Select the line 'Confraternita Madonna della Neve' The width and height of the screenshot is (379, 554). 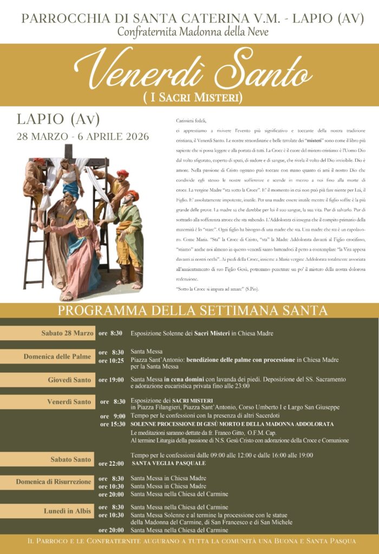[x=193, y=32]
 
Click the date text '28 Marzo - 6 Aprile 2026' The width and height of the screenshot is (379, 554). [x=83, y=136]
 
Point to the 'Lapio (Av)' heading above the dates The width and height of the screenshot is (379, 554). [x=58, y=119]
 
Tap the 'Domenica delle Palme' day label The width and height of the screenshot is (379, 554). [x=57, y=357]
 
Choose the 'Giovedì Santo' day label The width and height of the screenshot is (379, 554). [x=69, y=380]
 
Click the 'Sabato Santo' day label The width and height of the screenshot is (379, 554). [x=70, y=459]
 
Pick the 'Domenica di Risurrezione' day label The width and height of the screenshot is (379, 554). [x=54, y=482]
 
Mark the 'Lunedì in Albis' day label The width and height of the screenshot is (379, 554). [x=67, y=511]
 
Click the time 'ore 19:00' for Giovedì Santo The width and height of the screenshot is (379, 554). [x=111, y=380]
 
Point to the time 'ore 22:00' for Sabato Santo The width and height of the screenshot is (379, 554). [x=111, y=464]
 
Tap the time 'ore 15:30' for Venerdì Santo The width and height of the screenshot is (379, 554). [x=113, y=424]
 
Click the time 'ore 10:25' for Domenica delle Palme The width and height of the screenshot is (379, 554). [x=111, y=360]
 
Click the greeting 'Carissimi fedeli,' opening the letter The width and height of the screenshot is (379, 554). [x=192, y=121]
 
